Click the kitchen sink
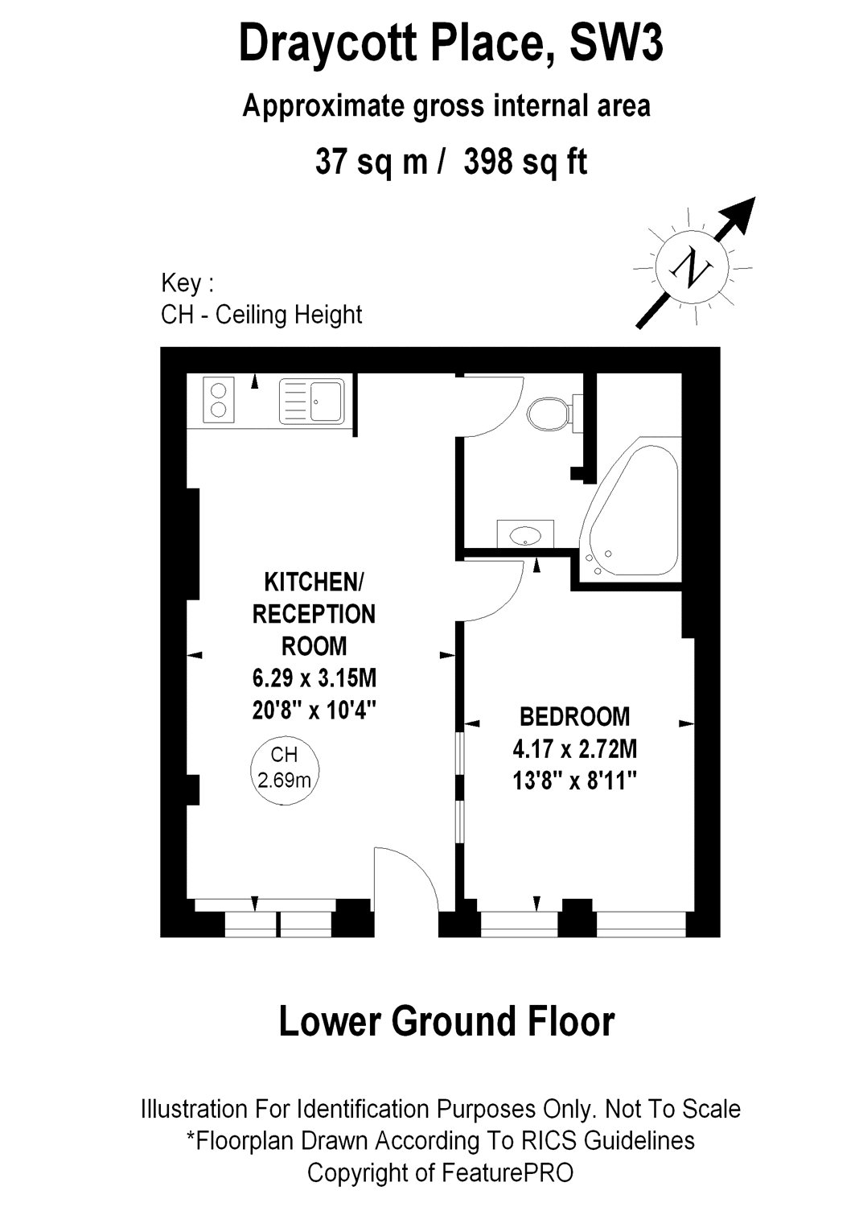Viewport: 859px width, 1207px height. point(312,401)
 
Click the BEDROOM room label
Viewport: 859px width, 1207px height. point(574,715)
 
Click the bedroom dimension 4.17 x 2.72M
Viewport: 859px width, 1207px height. point(574,749)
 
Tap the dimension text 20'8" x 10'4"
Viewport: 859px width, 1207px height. point(314,711)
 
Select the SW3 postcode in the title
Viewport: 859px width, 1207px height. point(616,44)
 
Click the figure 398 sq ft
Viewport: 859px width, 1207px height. point(525,162)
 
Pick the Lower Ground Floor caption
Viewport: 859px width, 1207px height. point(446,1021)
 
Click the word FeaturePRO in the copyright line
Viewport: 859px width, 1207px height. point(507,1172)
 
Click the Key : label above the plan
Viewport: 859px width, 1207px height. point(187,283)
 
